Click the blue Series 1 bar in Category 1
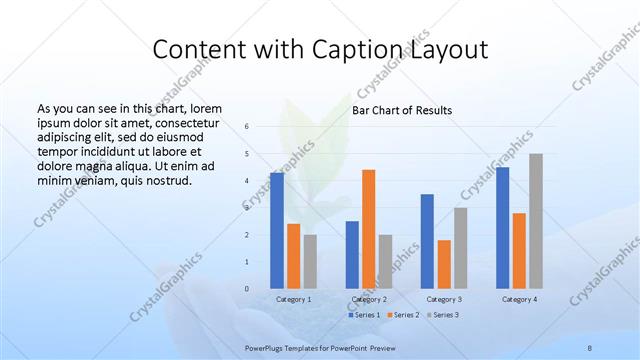pos(276,230)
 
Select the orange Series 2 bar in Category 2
pos(368,228)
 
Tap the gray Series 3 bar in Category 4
pos(536,221)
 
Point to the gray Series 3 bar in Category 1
pos(310,261)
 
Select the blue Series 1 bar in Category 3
pos(427,241)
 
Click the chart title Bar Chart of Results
pos(402,110)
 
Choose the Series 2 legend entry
pos(404,315)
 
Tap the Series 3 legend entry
pos(444,315)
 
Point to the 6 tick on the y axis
pos(247,127)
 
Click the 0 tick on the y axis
pos(247,289)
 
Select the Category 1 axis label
pos(293,299)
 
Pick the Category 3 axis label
pos(444,299)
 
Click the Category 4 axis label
pos(519,299)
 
